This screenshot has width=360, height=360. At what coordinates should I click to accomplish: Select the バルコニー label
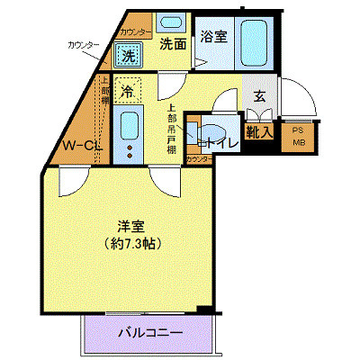coord(149,334)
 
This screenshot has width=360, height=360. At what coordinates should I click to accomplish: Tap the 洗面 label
coord(173,42)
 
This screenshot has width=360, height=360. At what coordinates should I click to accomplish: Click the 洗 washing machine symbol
coord(128,55)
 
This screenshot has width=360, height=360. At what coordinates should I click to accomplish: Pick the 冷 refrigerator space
coord(128,91)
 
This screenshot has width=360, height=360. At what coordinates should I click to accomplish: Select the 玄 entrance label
coord(259,96)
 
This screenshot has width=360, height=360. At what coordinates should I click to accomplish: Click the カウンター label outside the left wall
coord(82,44)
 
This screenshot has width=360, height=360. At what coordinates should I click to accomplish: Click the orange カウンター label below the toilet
coord(198,160)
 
